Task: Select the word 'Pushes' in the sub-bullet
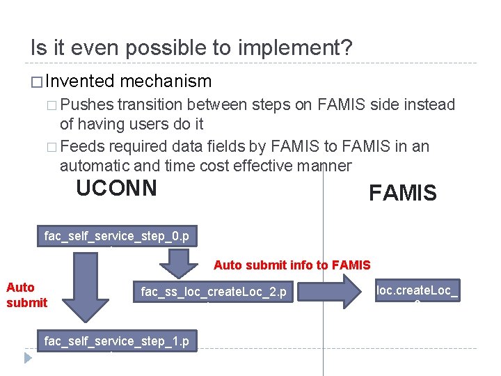(87, 105)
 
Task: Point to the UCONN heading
(116, 188)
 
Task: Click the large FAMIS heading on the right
(402, 193)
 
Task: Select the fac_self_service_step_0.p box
(117, 237)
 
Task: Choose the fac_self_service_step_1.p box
(117, 341)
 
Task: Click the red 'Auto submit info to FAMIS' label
(292, 265)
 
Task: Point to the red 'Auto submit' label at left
(26, 295)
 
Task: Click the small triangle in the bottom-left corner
(28, 359)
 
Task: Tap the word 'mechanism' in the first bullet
(166, 81)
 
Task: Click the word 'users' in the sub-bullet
(147, 125)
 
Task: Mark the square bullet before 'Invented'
(36, 82)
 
